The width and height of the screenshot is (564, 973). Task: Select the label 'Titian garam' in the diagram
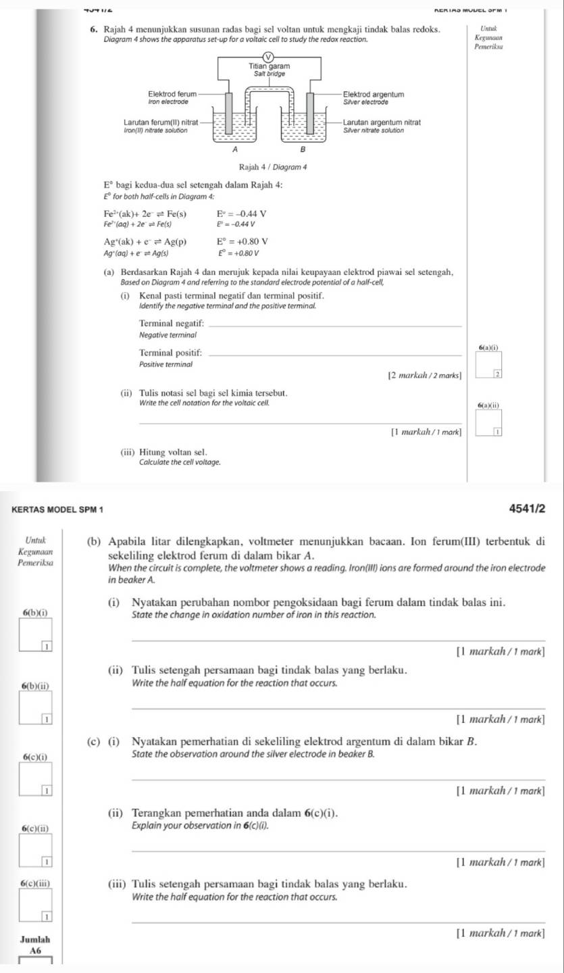270,67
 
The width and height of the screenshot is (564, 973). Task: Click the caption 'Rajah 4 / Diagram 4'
270,167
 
